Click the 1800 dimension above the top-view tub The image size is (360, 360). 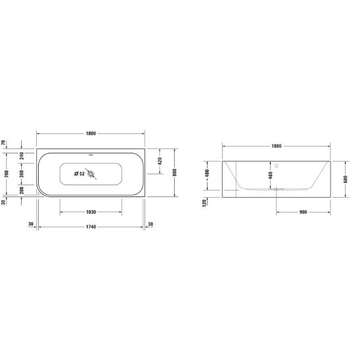(91, 133)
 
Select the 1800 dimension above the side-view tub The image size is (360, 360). (277, 146)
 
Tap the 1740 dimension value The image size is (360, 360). (91, 227)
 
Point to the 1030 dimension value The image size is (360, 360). (91, 212)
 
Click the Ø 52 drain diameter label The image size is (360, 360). (79, 174)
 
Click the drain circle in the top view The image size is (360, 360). (91, 174)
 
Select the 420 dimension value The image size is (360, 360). (160, 161)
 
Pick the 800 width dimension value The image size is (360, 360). (175, 172)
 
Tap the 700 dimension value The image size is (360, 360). (7, 174)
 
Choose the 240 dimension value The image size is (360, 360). (22, 156)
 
